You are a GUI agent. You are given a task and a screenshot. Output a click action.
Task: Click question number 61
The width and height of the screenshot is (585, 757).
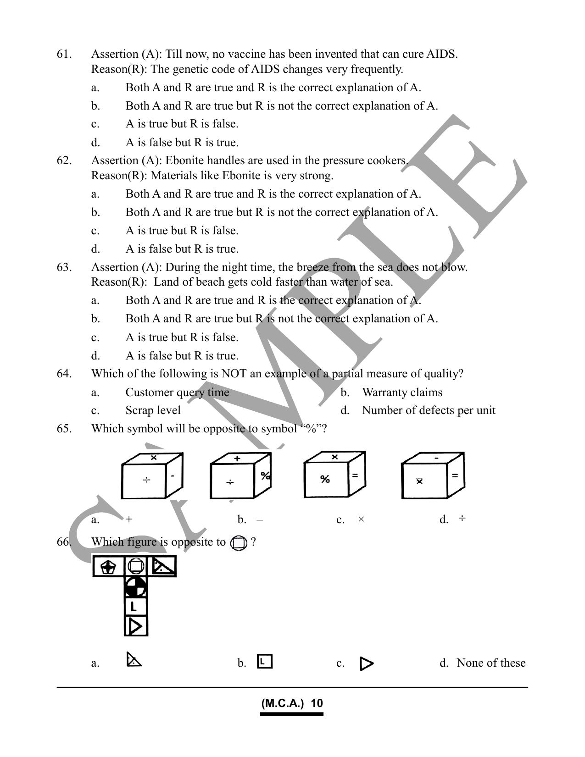click(x=64, y=54)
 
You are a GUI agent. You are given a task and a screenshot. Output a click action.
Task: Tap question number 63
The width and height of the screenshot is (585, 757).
click(x=64, y=267)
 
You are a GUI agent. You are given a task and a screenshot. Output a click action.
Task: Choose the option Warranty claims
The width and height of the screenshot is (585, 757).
click(x=402, y=392)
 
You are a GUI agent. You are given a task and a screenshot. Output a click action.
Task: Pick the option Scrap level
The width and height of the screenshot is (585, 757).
click(x=153, y=410)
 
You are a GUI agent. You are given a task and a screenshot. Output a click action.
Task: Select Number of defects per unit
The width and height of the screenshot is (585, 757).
click(x=429, y=410)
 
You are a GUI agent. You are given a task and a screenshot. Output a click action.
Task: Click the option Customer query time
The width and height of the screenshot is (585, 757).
click(x=177, y=392)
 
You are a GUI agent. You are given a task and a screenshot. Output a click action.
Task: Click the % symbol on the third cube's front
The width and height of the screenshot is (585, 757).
click(x=325, y=479)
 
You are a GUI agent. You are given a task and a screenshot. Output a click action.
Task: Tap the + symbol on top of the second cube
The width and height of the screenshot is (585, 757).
click(x=237, y=459)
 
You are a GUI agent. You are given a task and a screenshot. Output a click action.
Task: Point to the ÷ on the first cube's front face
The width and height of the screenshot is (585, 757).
click(x=146, y=480)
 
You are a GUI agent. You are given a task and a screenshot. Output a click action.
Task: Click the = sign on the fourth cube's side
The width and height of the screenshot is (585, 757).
click(x=455, y=475)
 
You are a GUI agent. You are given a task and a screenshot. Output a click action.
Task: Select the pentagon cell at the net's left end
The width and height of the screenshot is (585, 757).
click(x=108, y=566)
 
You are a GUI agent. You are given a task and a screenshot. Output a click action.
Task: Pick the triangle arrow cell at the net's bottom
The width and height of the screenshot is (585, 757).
click(x=136, y=626)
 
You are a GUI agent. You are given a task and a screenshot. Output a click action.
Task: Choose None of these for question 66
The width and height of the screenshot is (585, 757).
click(x=491, y=663)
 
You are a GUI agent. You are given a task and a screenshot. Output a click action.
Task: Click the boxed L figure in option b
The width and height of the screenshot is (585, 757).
click(x=265, y=662)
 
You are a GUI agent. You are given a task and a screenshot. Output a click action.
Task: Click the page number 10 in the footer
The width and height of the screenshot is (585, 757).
click(x=317, y=703)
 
